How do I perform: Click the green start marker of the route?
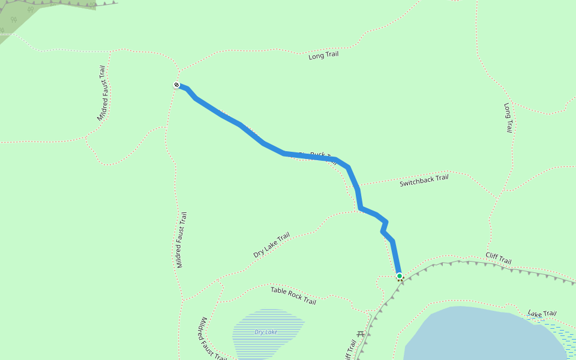[x=400, y=276]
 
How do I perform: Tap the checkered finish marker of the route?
[x=176, y=85]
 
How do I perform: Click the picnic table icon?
[x=361, y=334]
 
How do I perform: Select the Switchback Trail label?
[x=424, y=180]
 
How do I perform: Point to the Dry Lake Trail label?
[x=271, y=245]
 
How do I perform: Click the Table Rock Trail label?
[x=293, y=295]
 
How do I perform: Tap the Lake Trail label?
[x=542, y=314]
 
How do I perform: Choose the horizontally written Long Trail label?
[x=323, y=55]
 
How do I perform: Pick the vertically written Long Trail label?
[x=508, y=117]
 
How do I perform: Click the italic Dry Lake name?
[x=266, y=332]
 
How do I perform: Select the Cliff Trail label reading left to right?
[x=498, y=258]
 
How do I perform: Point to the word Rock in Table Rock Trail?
[x=294, y=295]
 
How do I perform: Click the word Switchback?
[x=416, y=181]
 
